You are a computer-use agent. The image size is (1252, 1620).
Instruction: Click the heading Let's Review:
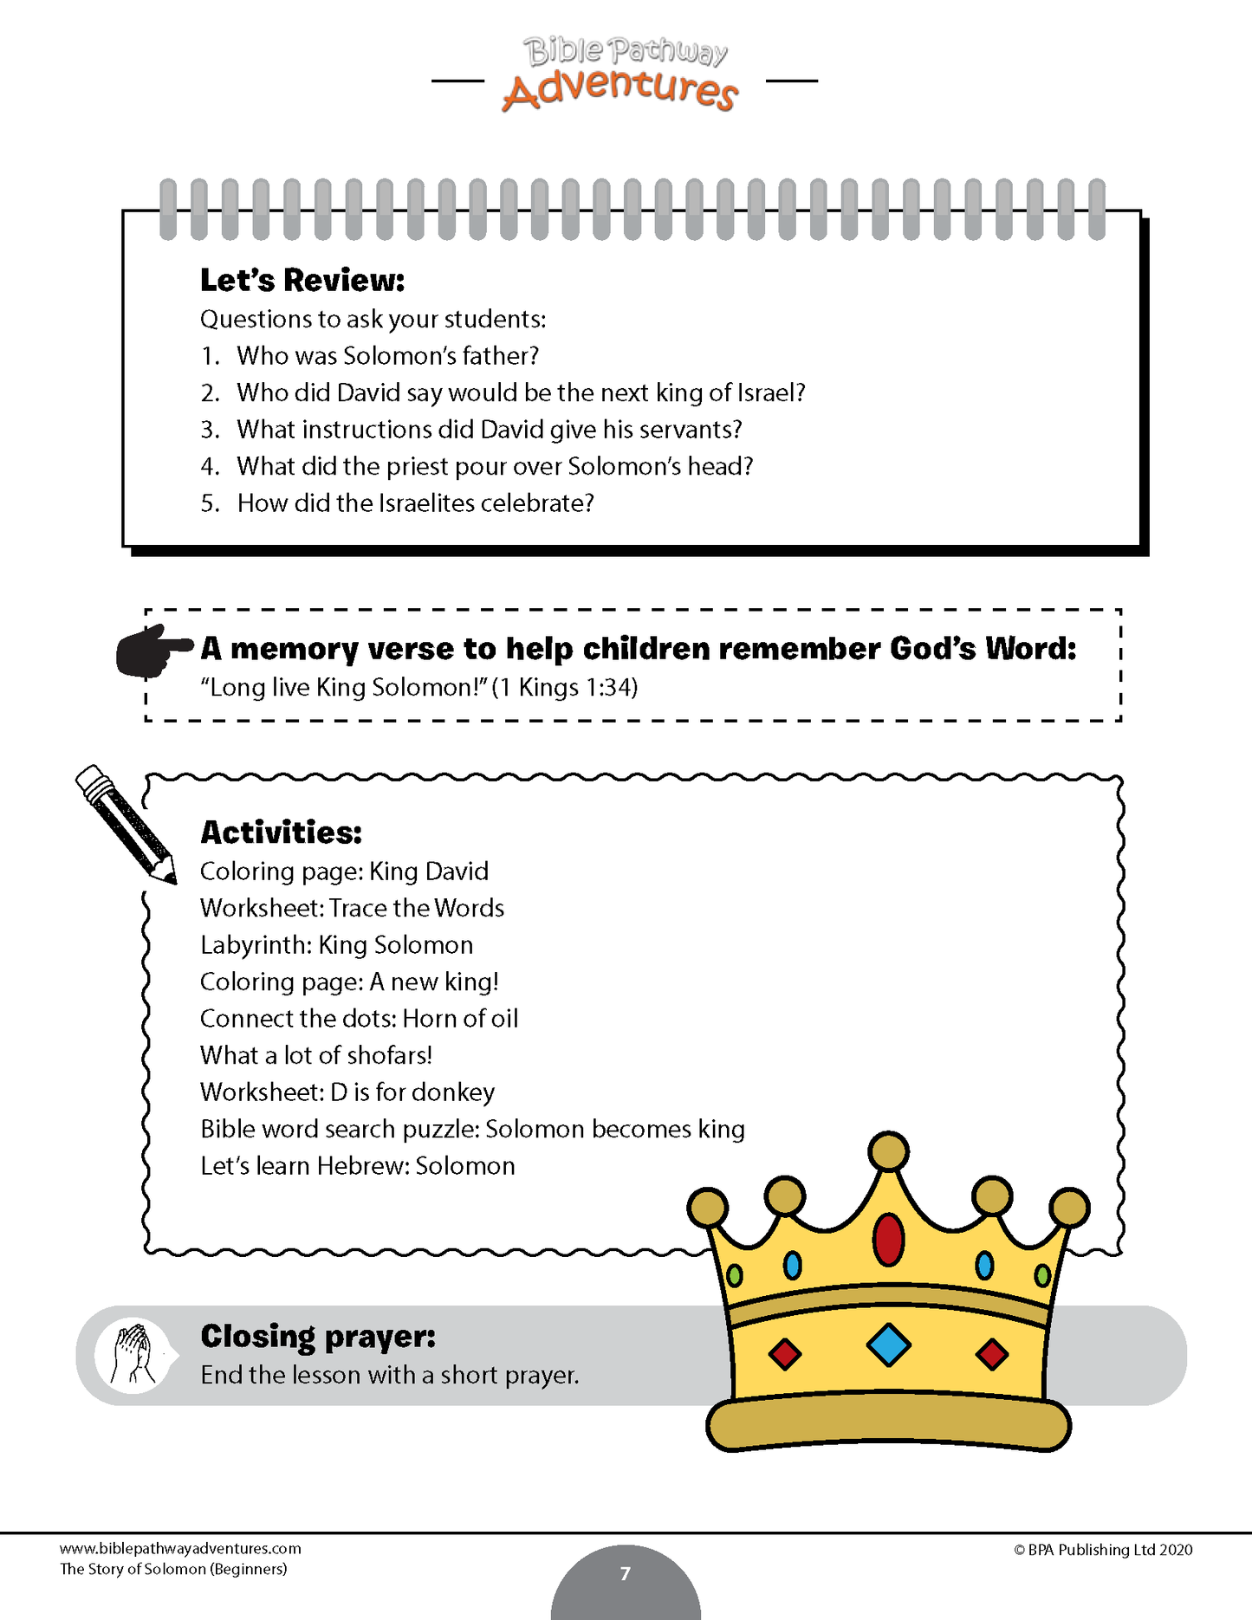302,281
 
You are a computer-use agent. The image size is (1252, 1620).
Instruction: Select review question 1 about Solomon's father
387,356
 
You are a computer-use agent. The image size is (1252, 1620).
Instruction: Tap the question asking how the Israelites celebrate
415,503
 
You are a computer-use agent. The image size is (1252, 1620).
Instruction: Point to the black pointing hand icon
152,651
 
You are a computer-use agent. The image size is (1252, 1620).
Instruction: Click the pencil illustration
126,823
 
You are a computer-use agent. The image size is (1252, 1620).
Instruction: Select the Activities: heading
281,833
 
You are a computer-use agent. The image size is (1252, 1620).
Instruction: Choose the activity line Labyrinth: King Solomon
336,945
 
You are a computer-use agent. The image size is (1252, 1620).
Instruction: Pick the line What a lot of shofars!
316,1055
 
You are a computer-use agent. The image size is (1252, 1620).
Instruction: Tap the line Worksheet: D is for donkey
347,1092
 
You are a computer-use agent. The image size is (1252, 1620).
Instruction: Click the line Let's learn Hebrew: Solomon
357,1166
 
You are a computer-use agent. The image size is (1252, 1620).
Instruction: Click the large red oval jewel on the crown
888,1239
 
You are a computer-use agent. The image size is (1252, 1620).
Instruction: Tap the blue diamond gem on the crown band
888,1345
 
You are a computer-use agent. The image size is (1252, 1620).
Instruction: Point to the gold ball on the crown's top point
888,1152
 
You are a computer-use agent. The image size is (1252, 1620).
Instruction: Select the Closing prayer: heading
318,1337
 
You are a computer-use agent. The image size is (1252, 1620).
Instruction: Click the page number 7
626,1574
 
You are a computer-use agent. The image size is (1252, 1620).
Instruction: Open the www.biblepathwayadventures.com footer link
180,1549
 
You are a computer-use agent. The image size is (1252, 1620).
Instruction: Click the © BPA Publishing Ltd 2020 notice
1102,1550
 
